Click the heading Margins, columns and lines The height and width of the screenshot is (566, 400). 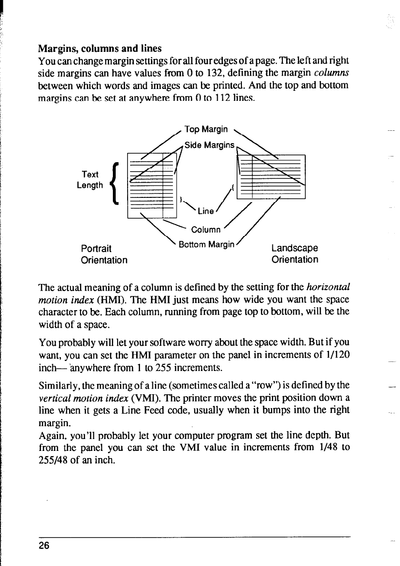coord(100,49)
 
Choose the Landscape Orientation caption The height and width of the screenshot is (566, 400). coord(294,254)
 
